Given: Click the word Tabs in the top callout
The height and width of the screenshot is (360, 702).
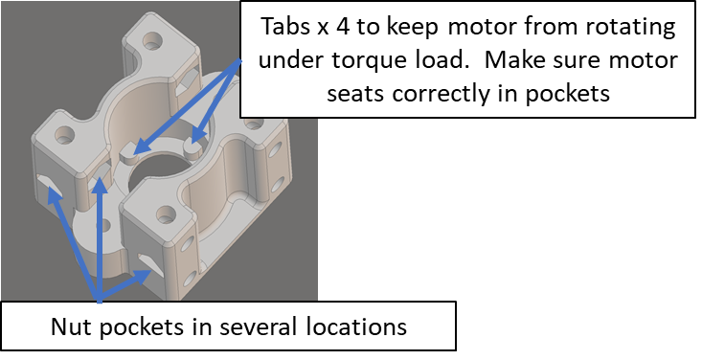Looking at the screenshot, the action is click(x=284, y=27).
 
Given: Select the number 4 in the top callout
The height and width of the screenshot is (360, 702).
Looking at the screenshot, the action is click(x=343, y=27).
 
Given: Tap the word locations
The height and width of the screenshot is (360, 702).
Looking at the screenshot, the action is click(x=356, y=326).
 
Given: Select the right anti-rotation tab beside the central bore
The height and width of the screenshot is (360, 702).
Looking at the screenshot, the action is click(x=193, y=148).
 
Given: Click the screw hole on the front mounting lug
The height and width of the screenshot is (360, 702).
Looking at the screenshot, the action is click(x=166, y=214).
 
